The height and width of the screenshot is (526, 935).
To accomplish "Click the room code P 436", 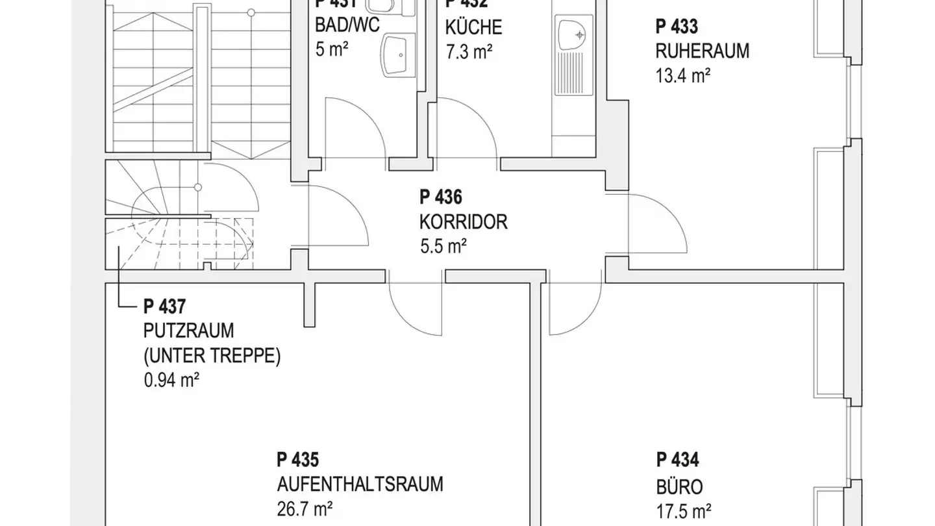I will pyautogui.click(x=441, y=197).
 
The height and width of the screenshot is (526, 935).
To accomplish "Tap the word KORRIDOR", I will pyautogui.click(x=463, y=222).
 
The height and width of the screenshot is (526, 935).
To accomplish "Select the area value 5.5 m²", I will pyautogui.click(x=443, y=247).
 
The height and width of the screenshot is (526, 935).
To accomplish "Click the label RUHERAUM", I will pyautogui.click(x=702, y=51).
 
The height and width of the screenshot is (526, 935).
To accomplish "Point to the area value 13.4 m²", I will pyautogui.click(x=682, y=76).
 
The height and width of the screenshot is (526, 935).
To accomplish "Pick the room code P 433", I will pyautogui.click(x=677, y=27).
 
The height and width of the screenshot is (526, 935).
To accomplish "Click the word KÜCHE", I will pyautogui.click(x=473, y=28).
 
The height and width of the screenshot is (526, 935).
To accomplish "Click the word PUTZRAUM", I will pyautogui.click(x=188, y=331).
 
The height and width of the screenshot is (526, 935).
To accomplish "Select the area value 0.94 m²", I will pyautogui.click(x=171, y=380).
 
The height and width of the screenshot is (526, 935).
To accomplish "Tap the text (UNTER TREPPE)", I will pyautogui.click(x=212, y=356).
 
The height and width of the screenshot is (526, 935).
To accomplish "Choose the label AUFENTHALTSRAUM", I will pyautogui.click(x=360, y=484).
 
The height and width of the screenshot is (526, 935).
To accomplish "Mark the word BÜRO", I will pyautogui.click(x=679, y=487).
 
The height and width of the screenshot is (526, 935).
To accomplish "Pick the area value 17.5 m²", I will pyautogui.click(x=683, y=511).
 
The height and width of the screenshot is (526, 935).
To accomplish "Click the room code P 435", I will pyautogui.click(x=298, y=460).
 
